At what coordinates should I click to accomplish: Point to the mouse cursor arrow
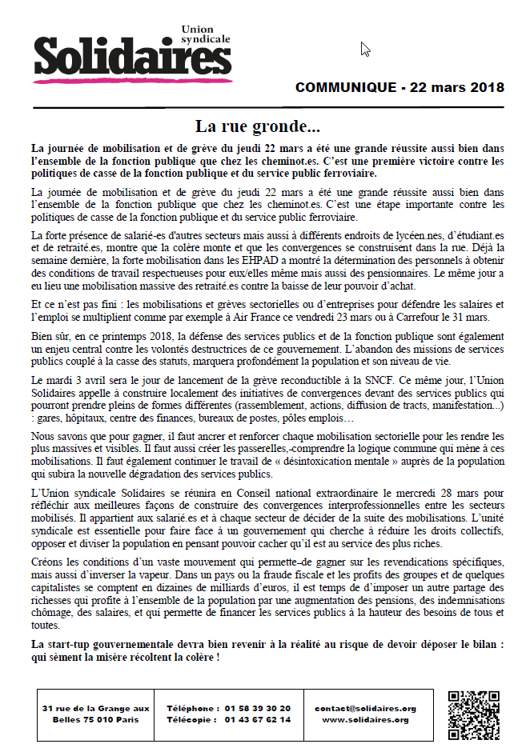(364, 49)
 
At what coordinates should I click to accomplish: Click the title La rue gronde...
(257, 126)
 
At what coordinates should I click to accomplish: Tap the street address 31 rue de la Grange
(96, 708)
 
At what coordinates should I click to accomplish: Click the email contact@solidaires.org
(365, 708)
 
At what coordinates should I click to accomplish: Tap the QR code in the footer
(473, 714)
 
